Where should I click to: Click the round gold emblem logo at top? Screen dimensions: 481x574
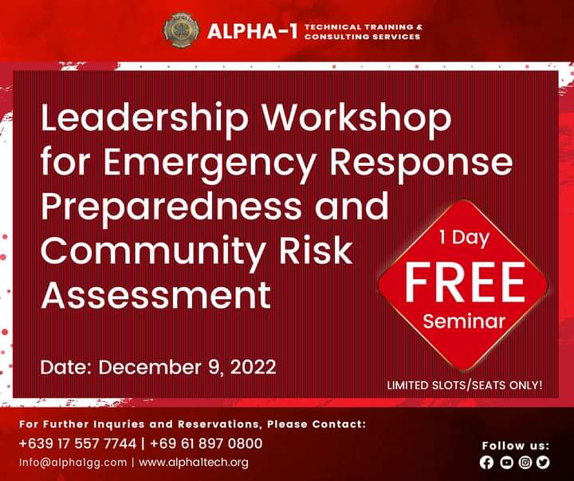click(182, 30)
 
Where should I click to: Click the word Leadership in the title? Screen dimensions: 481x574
click(144, 120)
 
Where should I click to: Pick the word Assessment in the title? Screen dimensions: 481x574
click(155, 295)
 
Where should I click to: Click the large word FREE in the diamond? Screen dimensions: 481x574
click(465, 281)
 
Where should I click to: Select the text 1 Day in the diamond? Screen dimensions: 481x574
click(464, 238)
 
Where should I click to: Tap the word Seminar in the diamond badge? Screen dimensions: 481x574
click(465, 322)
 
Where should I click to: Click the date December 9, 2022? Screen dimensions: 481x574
click(159, 367)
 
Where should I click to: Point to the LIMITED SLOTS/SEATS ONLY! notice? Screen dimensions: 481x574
click(465, 385)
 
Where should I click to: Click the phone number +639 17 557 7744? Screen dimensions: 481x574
click(77, 444)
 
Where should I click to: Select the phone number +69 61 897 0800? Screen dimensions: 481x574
click(206, 444)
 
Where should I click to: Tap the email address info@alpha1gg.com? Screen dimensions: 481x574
click(73, 462)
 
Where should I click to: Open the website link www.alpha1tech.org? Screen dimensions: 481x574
click(194, 462)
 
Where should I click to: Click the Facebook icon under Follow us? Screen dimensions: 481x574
click(487, 462)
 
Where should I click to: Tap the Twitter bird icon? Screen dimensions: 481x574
click(544, 462)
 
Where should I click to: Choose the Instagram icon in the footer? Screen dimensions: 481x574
click(525, 462)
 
